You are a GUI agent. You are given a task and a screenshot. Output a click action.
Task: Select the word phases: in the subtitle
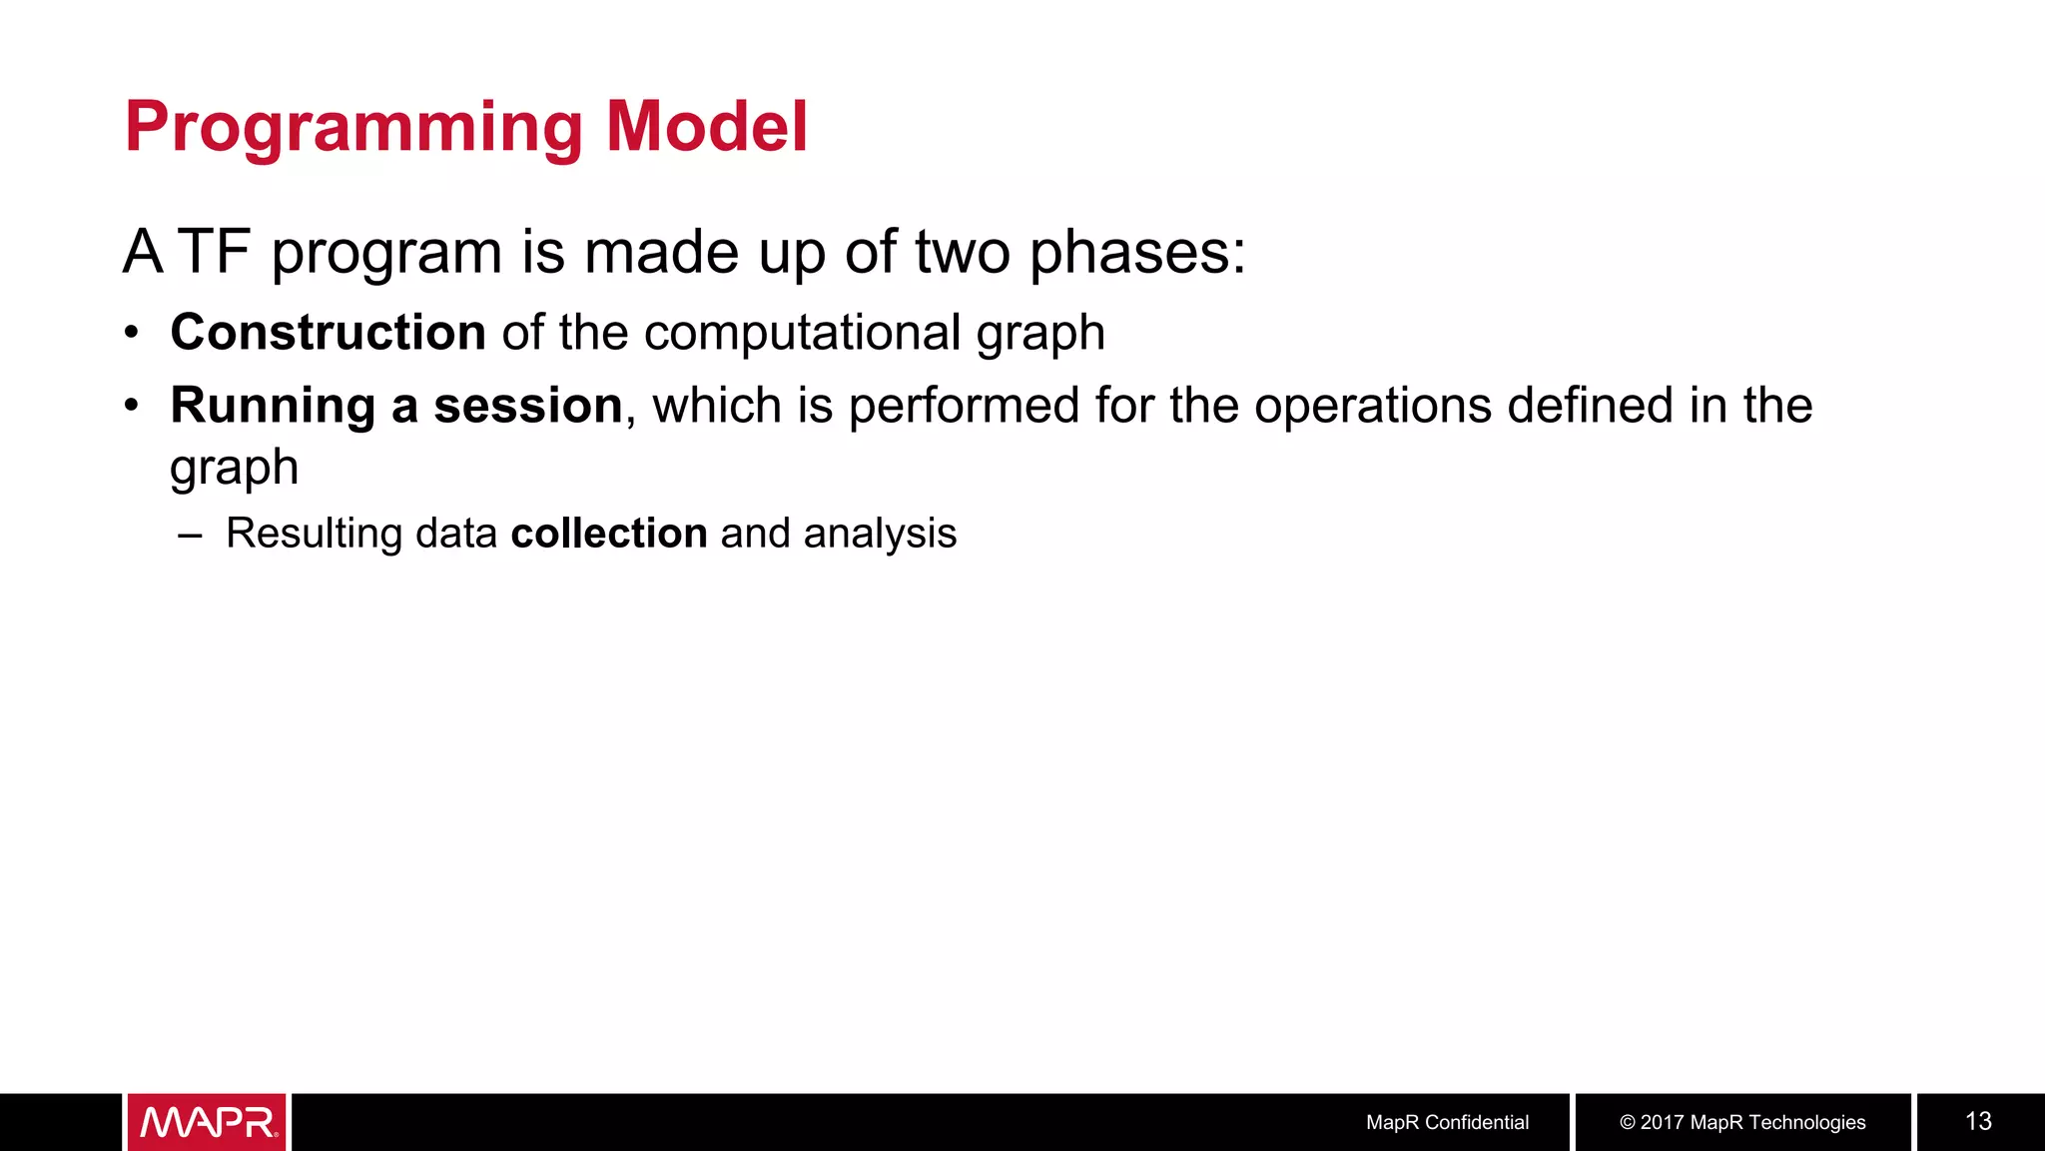(x=1137, y=253)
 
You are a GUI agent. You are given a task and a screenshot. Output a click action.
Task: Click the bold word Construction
(x=329, y=332)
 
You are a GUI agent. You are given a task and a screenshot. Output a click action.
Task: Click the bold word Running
(x=272, y=406)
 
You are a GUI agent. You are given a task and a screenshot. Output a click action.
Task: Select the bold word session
(x=528, y=406)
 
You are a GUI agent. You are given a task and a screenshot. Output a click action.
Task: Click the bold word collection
(x=609, y=534)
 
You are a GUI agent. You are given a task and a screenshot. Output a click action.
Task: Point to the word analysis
(x=880, y=535)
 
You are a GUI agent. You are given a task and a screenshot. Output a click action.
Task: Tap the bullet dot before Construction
(x=132, y=334)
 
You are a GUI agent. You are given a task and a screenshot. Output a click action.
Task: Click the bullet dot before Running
(x=132, y=407)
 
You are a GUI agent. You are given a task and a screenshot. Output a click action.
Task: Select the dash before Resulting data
(x=189, y=536)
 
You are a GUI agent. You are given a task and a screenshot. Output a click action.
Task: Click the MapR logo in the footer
(x=208, y=1122)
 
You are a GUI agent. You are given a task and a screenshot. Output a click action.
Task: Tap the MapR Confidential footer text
(x=1447, y=1122)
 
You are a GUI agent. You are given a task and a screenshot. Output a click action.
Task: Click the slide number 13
(x=1978, y=1121)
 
